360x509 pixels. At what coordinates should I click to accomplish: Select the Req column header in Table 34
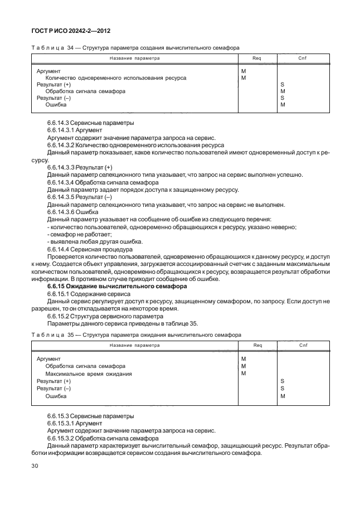coord(257,58)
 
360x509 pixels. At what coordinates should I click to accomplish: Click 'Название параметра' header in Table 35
coord(134,345)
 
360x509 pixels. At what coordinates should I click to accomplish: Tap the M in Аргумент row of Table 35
coord(244,359)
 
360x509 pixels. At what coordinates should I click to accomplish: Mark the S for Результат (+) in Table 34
coord(283,85)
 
